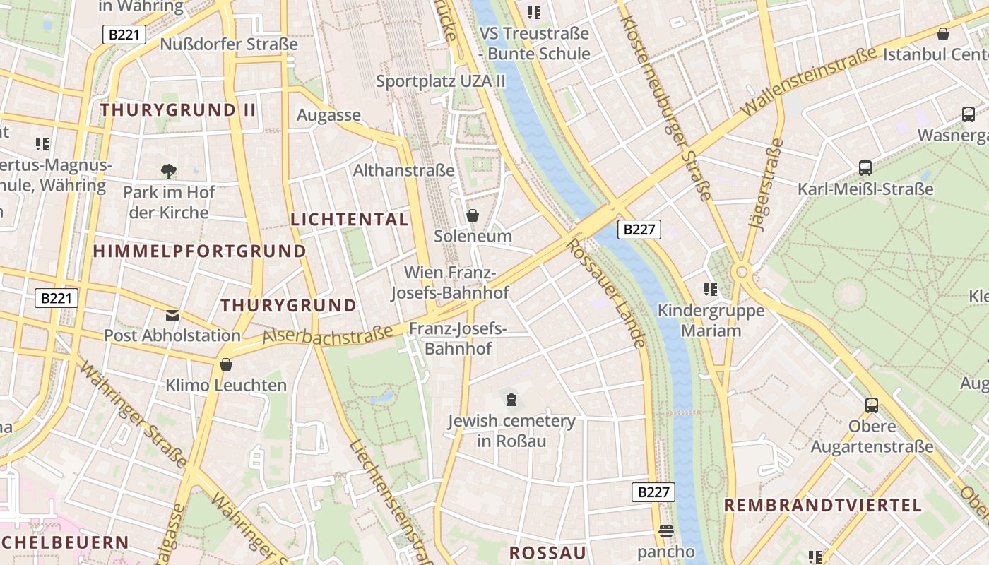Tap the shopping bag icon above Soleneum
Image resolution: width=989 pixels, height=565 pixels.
click(473, 215)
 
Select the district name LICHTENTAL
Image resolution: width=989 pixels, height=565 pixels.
click(350, 220)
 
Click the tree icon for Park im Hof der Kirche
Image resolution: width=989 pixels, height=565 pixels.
click(168, 171)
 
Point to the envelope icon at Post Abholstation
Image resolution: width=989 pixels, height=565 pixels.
click(172, 315)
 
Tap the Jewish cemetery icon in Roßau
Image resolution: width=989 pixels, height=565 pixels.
click(511, 400)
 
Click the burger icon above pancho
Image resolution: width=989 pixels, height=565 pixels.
click(665, 530)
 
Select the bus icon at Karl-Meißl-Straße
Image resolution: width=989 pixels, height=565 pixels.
click(865, 168)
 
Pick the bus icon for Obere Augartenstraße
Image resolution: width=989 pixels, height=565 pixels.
click(872, 405)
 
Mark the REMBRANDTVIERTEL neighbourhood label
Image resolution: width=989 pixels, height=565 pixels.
click(823, 505)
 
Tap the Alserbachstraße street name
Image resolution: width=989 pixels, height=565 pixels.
click(328, 335)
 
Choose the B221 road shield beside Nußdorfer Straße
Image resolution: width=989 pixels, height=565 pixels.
click(124, 35)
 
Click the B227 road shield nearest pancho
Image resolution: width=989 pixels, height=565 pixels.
click(653, 492)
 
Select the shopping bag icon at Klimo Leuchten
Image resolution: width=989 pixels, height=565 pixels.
click(226, 364)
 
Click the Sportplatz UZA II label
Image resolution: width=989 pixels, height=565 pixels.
click(441, 81)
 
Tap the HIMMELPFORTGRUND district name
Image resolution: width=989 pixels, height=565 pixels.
click(199, 251)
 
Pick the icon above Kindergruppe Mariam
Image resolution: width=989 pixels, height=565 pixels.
click(711, 289)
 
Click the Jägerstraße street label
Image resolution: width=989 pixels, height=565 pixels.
click(766, 185)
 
